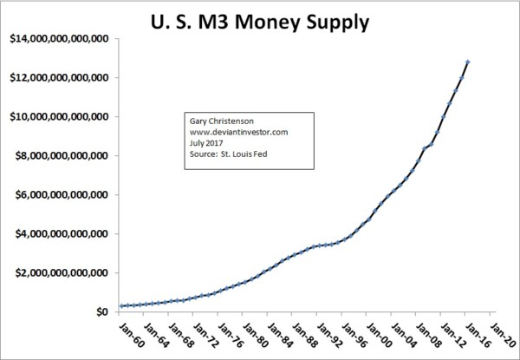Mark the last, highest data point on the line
tap(468, 62)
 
